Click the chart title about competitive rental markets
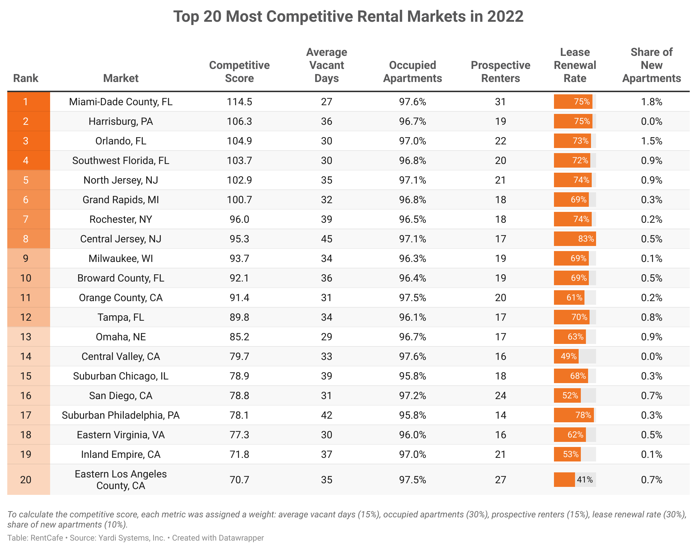point(348,17)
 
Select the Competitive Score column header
point(239,72)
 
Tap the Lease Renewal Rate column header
point(575,65)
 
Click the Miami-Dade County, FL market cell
point(121,102)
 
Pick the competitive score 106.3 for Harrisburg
point(239,121)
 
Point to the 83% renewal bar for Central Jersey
point(575,239)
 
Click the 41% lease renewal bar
point(565,480)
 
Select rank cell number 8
point(26,239)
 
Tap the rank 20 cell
point(26,480)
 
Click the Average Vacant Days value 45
point(326,239)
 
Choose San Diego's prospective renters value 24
point(500,395)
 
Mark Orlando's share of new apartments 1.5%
point(651,141)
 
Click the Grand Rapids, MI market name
point(121,200)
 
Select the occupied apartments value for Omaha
point(412,337)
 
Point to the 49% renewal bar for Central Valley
point(566,356)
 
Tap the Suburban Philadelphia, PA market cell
point(121,415)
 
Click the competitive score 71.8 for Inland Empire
point(239,454)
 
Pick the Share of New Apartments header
point(651,65)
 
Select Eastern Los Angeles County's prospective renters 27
point(500,480)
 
